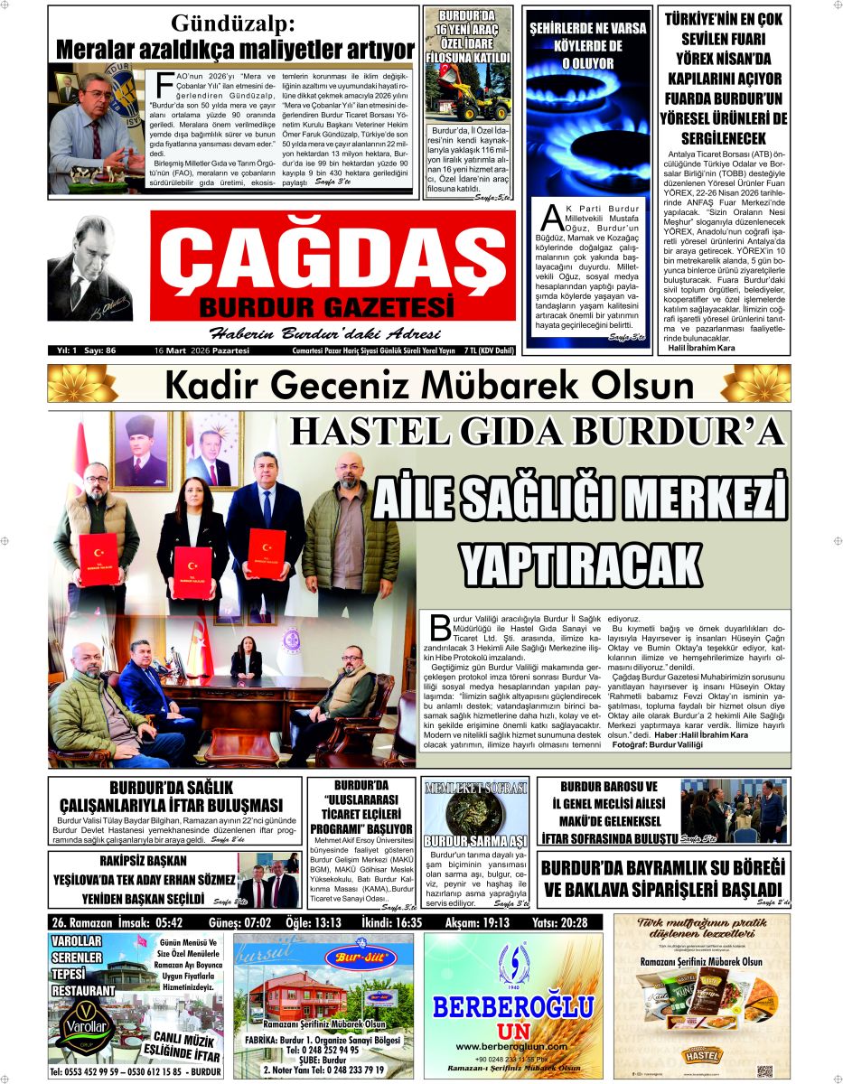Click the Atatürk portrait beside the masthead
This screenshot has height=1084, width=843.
89,267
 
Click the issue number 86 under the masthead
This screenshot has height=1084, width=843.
111,350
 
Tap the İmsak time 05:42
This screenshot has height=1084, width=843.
168,923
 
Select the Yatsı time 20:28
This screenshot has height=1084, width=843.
573,923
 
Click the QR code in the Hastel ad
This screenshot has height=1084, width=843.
764,1070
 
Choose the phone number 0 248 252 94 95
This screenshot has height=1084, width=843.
323,1051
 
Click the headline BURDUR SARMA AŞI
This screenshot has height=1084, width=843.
476,842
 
